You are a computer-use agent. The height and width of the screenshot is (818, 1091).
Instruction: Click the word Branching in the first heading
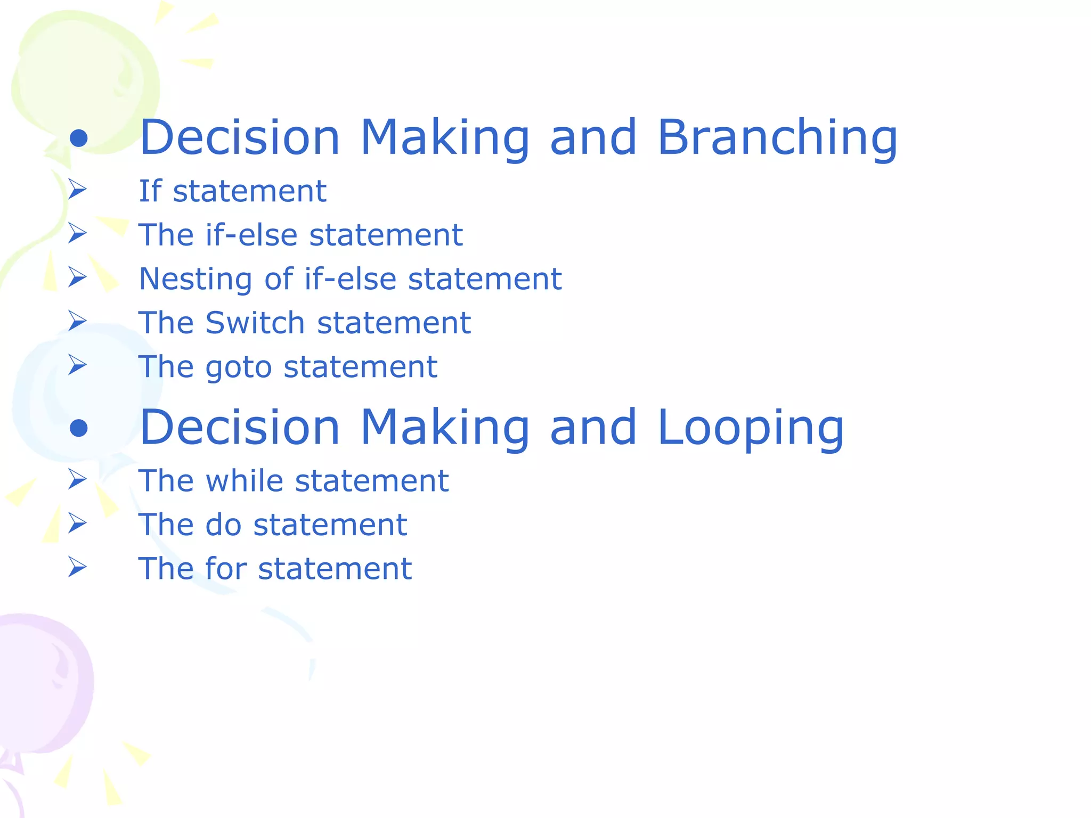pos(777,138)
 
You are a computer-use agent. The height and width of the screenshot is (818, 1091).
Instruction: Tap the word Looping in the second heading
pos(751,428)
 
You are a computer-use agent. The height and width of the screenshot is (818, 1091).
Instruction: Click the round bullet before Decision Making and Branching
pos(78,138)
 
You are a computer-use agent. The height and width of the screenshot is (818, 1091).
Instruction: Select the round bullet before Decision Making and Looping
pos(78,428)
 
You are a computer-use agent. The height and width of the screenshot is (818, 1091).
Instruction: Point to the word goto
pos(238,367)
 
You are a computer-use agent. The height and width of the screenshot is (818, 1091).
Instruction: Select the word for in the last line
pos(225,568)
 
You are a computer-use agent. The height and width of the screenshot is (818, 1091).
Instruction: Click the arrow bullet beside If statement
pos(78,190)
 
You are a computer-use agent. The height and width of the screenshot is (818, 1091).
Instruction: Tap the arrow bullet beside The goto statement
pos(78,365)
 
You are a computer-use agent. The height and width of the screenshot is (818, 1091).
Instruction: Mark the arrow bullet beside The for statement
pos(78,567)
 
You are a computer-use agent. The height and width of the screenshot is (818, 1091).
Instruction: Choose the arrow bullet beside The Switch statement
pos(78,321)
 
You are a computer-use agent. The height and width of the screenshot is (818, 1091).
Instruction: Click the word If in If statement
pos(150,191)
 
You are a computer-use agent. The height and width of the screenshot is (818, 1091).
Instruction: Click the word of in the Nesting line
pos(279,279)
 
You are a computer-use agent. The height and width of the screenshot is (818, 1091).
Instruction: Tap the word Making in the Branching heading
pos(445,138)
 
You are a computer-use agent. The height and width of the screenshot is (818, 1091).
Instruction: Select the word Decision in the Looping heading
pos(240,428)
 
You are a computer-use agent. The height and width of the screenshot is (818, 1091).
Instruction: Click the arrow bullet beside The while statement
pos(78,479)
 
